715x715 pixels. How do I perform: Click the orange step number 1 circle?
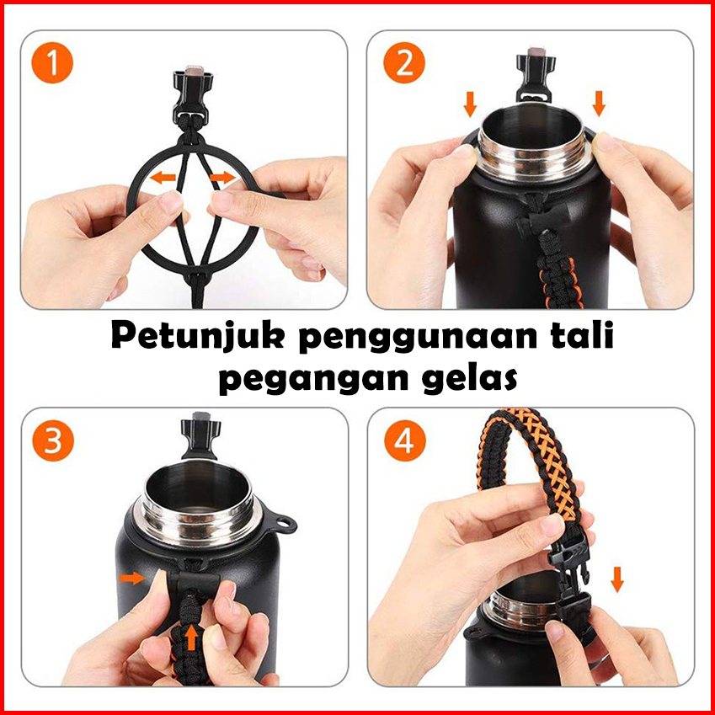(x=52, y=63)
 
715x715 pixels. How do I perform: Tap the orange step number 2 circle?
(x=404, y=63)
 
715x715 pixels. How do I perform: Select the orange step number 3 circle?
(x=53, y=441)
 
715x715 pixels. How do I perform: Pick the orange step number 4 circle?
(x=405, y=441)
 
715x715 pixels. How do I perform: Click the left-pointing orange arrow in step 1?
(x=163, y=178)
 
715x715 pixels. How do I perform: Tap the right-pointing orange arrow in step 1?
(x=223, y=178)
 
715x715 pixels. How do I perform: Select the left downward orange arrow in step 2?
(x=470, y=104)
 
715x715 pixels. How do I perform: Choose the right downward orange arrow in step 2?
(x=599, y=104)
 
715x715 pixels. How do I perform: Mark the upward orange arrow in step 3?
(x=192, y=637)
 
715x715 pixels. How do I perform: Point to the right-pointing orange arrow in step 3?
(x=132, y=579)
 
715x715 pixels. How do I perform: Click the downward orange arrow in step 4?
(x=617, y=579)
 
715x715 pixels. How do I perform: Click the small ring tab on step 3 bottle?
(x=285, y=524)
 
